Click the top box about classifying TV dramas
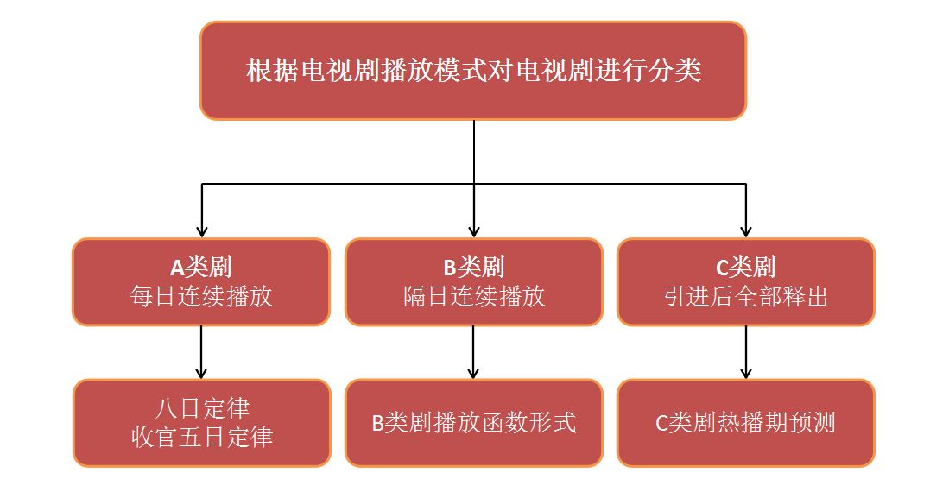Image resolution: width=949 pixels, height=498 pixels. point(472,70)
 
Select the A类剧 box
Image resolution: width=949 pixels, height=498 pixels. point(201,282)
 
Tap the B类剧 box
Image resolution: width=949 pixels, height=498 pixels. point(474,282)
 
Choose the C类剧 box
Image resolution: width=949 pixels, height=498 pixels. point(746,282)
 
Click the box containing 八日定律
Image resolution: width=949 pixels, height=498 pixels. point(201,423)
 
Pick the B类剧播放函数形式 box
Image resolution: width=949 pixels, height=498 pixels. point(474,423)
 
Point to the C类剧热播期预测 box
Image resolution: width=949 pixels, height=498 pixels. point(746,423)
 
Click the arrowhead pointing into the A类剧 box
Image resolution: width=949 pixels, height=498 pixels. point(201,232)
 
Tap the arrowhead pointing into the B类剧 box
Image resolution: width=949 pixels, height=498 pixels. point(474,232)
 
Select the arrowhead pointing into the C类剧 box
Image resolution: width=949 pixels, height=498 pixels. point(746,232)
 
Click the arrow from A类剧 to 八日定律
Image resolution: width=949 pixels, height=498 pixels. point(201,352)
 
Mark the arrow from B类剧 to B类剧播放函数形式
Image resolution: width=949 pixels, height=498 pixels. point(474,352)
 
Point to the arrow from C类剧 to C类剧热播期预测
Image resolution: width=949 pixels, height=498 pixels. point(746,352)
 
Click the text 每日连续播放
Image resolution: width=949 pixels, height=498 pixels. point(201,297)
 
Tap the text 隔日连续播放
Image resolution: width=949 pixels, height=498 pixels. point(474,297)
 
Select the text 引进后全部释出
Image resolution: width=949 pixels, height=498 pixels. point(746,297)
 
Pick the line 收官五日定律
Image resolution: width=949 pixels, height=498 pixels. point(201,437)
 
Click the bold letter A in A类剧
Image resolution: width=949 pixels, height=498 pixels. point(177,268)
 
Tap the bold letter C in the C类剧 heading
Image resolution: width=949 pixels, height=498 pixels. point(722,268)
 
